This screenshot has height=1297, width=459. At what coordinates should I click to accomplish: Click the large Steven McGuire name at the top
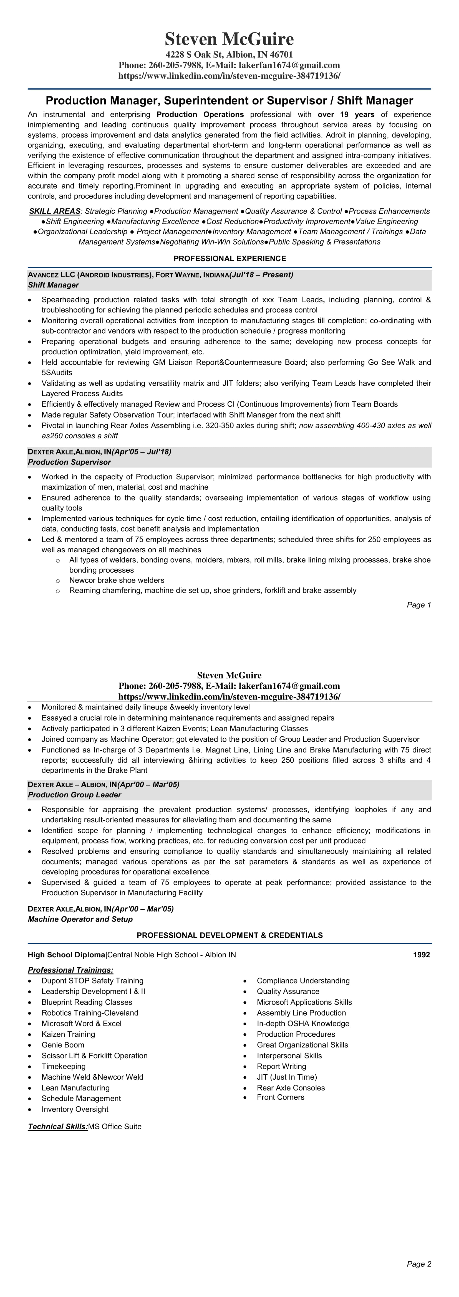[x=229, y=39]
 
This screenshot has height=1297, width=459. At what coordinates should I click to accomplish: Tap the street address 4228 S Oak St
[x=194, y=54]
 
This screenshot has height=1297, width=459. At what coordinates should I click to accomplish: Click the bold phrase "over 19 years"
[x=346, y=114]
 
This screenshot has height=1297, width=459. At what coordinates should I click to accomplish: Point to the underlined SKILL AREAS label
[x=54, y=211]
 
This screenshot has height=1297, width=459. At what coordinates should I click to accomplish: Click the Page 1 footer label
[x=419, y=605]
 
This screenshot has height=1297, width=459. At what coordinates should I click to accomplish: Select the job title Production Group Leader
[x=75, y=795]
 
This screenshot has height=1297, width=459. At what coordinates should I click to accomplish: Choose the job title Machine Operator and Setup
[x=80, y=919]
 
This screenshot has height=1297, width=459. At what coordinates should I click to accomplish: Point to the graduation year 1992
[x=421, y=955]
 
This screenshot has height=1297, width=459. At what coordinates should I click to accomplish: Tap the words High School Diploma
[x=67, y=955]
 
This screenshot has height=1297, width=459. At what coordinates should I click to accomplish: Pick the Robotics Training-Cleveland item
[x=90, y=1013]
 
